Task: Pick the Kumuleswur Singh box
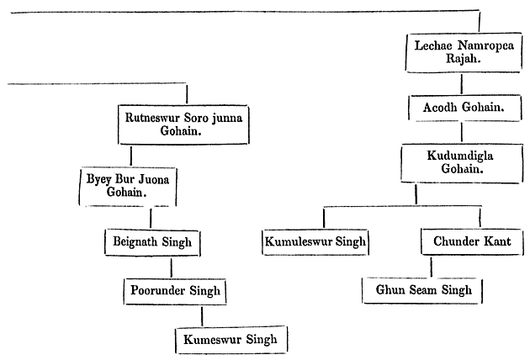tap(315, 242)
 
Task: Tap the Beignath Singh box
tap(152, 242)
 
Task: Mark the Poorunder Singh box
tap(176, 291)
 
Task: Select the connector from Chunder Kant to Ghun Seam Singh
tap(432, 267)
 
